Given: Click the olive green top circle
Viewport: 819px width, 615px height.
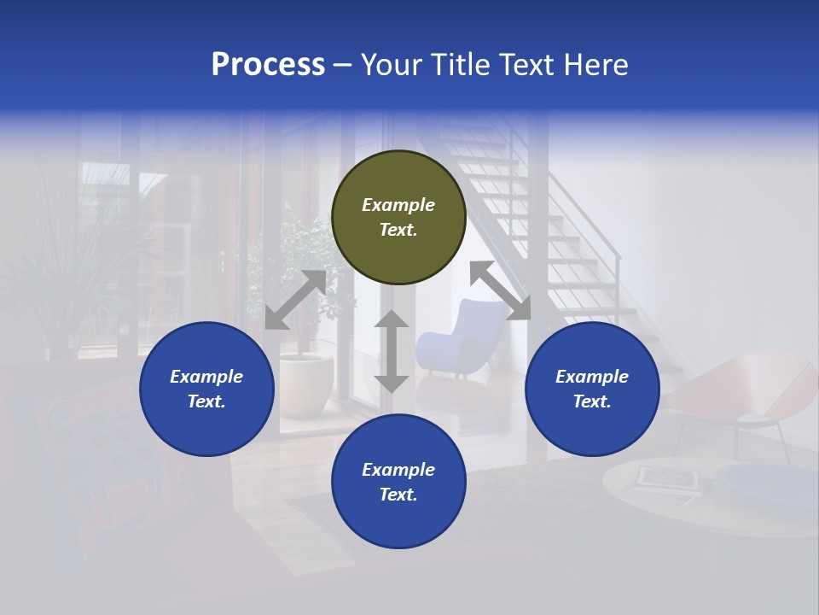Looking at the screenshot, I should (x=398, y=218).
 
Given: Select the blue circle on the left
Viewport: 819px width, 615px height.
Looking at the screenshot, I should (x=206, y=389).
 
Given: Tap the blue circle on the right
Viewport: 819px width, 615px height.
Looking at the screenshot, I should (x=592, y=389).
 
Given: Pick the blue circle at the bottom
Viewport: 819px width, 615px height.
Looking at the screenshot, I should (x=398, y=482).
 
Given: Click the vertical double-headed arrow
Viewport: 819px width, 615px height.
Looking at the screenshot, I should (x=392, y=351).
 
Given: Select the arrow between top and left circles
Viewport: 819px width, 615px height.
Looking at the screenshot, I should (x=296, y=300).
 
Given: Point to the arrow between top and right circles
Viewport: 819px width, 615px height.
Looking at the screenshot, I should (x=501, y=290).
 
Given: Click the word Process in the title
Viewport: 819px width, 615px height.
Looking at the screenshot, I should (x=268, y=65).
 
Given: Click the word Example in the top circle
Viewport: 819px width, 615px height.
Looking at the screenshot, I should (x=398, y=205).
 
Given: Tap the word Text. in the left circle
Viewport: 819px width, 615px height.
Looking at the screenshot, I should (x=206, y=401).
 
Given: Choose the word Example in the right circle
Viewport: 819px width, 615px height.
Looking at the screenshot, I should (x=592, y=377).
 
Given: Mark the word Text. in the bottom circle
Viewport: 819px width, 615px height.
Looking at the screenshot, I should (x=398, y=495).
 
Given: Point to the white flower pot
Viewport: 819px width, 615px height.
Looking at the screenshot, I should (x=306, y=384).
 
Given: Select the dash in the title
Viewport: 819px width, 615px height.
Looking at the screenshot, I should (x=343, y=65).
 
